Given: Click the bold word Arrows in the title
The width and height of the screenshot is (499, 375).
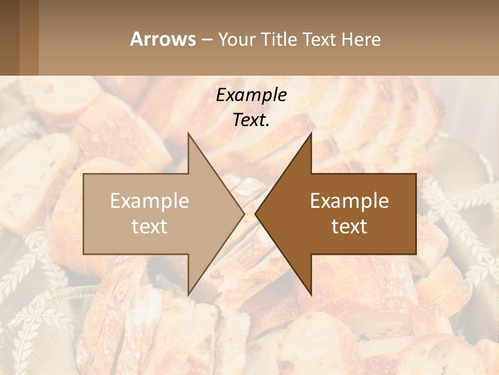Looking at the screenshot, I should pos(163,39).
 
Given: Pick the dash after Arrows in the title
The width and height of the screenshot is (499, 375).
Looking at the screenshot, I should pos(206,40).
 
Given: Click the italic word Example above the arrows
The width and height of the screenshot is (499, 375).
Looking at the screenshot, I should pos(251,95).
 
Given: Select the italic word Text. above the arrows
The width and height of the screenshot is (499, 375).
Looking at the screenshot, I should pos(251,120).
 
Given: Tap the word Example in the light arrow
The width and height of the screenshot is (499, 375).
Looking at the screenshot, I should pos(150,201).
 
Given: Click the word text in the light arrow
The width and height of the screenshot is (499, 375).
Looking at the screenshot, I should pos(150,226).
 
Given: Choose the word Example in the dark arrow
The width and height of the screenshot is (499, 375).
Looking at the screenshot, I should pos(349,201).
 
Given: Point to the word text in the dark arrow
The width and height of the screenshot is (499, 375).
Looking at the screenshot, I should pos(349,226).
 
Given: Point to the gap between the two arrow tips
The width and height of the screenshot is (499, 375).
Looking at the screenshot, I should pos(250,214).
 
